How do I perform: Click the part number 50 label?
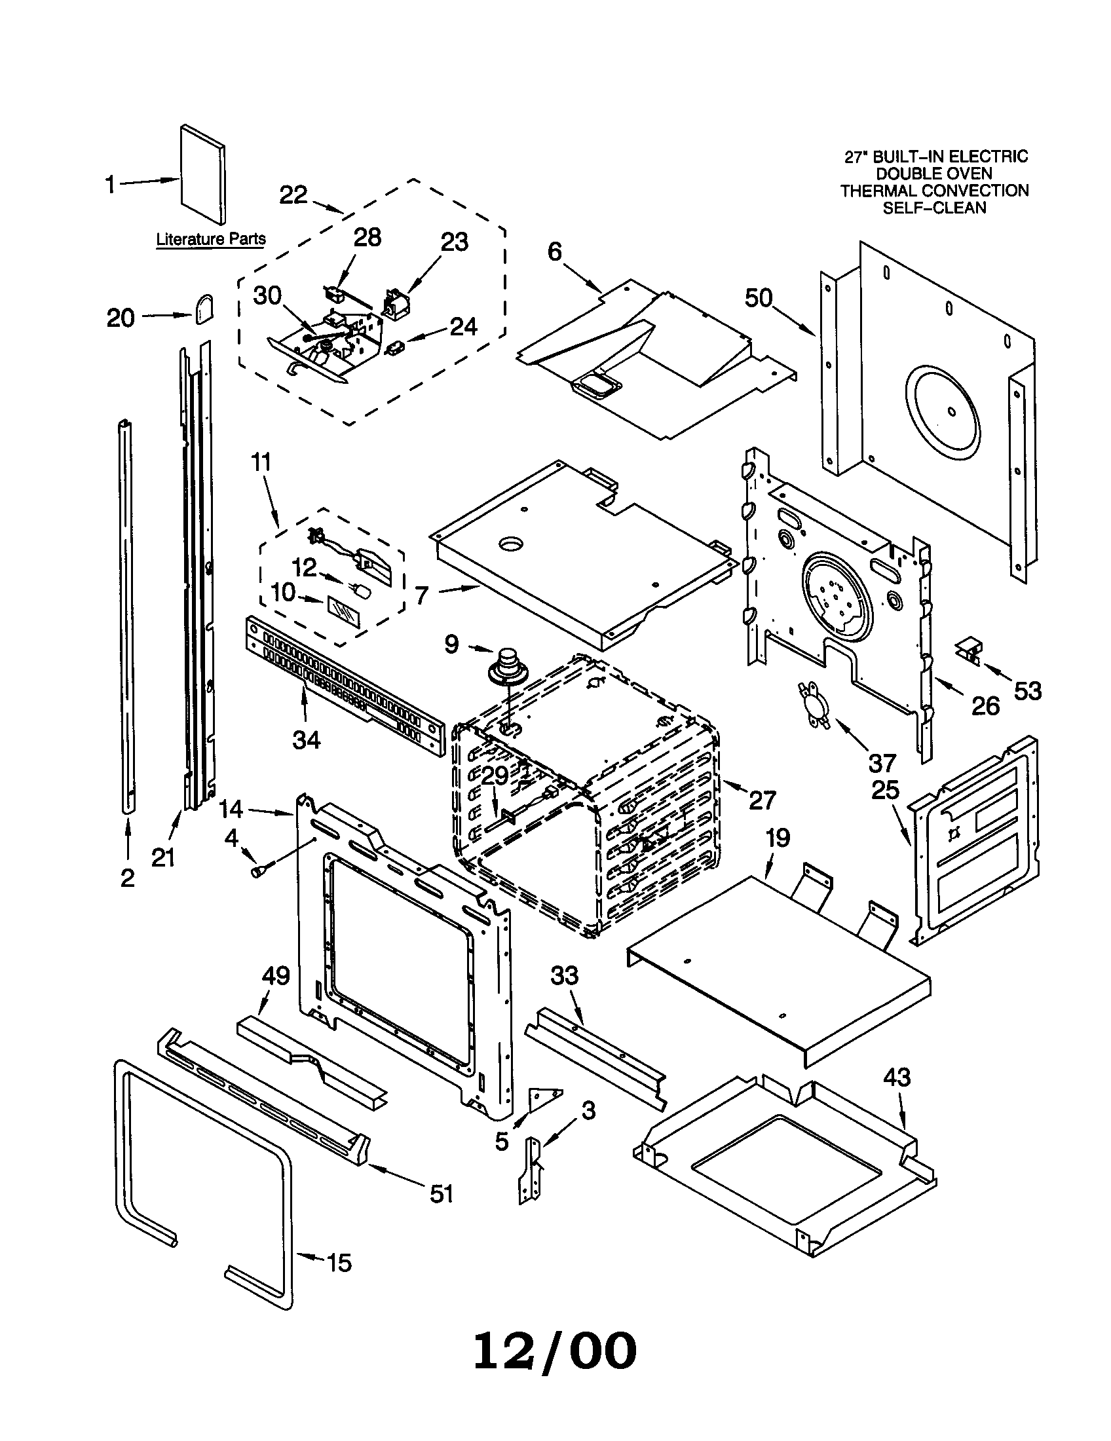click(x=759, y=298)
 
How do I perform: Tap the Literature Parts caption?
click(x=210, y=239)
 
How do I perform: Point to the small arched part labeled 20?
click(x=204, y=309)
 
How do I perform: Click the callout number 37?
click(x=882, y=763)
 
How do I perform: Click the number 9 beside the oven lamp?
click(x=451, y=643)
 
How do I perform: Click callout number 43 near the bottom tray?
click(x=897, y=1077)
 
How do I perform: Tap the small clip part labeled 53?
click(x=968, y=648)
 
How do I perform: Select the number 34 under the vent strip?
click(x=307, y=740)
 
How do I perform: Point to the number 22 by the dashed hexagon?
click(x=293, y=195)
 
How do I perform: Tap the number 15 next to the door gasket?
click(x=339, y=1263)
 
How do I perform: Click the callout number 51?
click(x=442, y=1193)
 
